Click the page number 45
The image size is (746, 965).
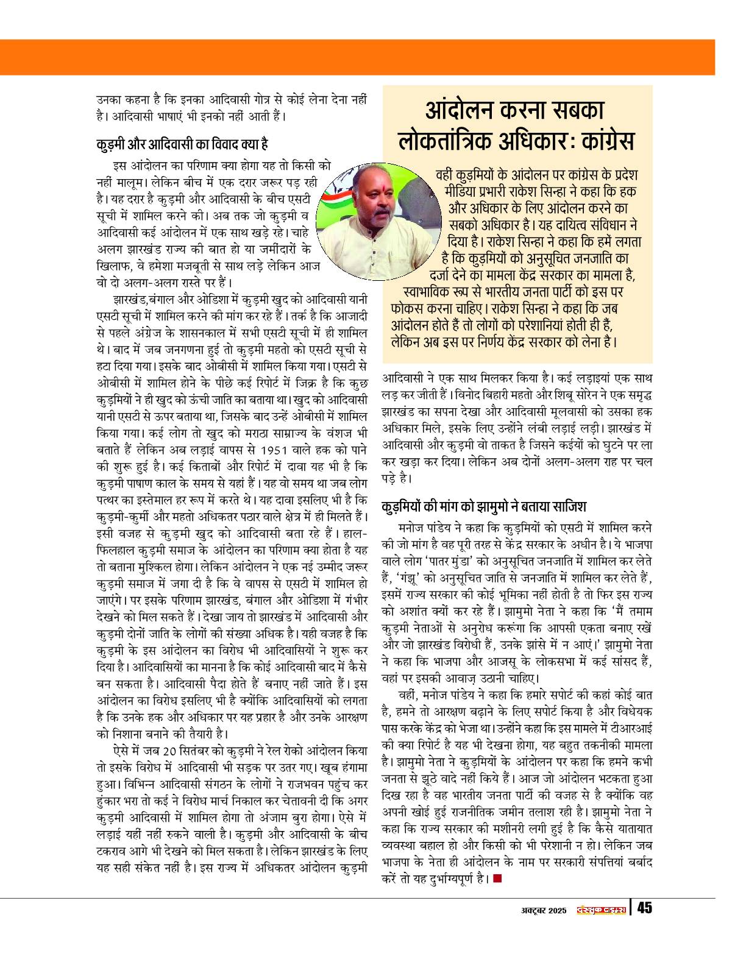click(x=645, y=908)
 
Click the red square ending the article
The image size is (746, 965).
click(x=497, y=878)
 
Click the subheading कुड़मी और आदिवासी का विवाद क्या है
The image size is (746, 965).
click(x=182, y=144)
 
